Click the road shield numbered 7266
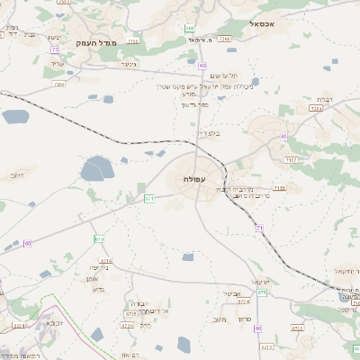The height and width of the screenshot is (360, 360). pyautogui.click(x=225, y=40)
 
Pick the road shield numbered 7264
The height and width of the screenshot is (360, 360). pyautogui.click(x=314, y=108)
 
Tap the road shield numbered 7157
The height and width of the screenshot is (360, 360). pyautogui.click(x=291, y=159)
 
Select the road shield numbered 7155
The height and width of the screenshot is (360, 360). pyautogui.click(x=280, y=188)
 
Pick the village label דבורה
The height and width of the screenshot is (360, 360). pyautogui.click(x=139, y=303)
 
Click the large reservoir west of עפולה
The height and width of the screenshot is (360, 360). pyautogui.click(x=95, y=167)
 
